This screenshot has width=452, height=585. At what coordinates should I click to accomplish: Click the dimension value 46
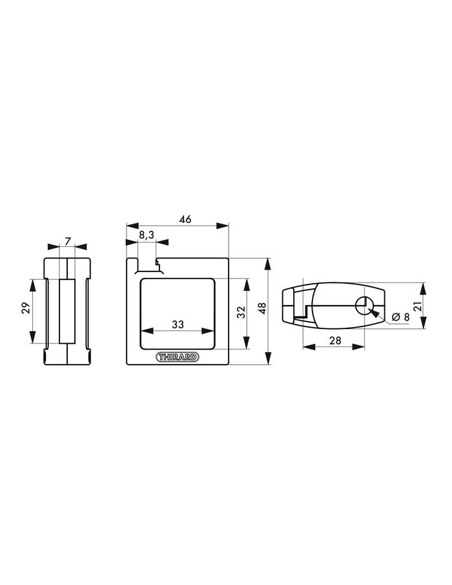[x=185, y=219]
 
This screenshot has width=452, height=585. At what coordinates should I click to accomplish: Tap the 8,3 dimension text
[x=147, y=235]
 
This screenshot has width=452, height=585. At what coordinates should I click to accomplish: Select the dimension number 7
[x=68, y=240]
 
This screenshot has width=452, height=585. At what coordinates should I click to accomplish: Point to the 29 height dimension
[x=26, y=308]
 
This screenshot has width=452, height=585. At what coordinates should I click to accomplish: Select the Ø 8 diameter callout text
[x=400, y=316]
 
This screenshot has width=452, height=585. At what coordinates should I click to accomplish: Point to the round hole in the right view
[x=364, y=304]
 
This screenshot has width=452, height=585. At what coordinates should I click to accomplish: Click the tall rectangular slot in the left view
[x=67, y=311]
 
